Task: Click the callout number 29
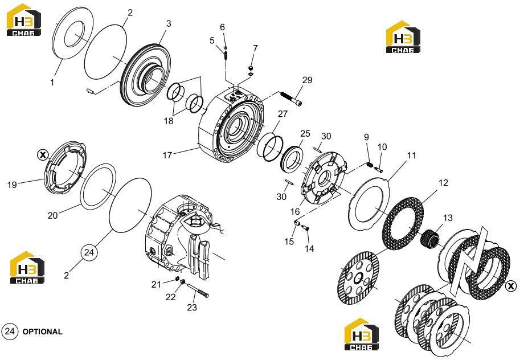307,80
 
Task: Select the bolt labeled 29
290,97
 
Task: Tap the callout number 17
167,155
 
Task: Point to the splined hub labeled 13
431,238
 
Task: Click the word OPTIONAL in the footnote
42,332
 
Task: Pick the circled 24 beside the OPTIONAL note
10,332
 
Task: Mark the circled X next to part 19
42,156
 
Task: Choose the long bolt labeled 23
198,291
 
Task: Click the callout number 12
444,182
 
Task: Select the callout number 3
169,23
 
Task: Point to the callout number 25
305,133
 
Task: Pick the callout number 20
52,215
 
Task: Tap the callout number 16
295,211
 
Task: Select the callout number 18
169,121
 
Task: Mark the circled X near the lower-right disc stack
511,286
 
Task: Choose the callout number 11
411,156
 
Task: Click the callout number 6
222,27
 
